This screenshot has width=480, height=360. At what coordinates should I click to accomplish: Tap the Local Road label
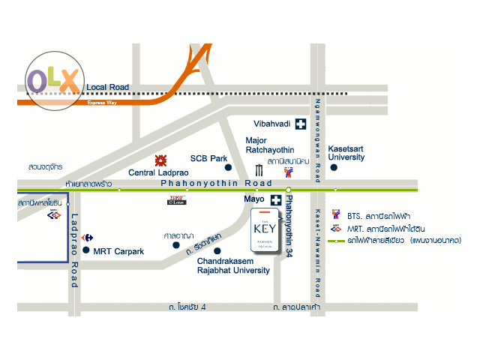coord(107,88)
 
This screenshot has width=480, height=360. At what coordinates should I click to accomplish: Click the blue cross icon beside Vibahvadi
coord(301,124)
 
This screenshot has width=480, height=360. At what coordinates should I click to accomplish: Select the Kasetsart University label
coord(346,154)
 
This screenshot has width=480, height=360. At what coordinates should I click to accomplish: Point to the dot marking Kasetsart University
coord(334,168)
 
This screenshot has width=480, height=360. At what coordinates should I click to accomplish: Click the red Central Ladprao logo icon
coord(160,160)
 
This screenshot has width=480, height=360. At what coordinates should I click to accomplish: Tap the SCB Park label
coord(208,158)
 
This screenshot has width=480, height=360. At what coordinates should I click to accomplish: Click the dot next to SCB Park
coord(229,167)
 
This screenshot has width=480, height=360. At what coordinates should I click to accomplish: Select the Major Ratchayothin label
coord(267,144)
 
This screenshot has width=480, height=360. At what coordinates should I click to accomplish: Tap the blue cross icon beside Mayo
coord(277,200)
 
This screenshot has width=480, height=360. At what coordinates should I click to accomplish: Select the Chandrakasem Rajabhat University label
coord(233,266)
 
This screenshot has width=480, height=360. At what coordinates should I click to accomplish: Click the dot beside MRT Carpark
coord(88,250)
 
